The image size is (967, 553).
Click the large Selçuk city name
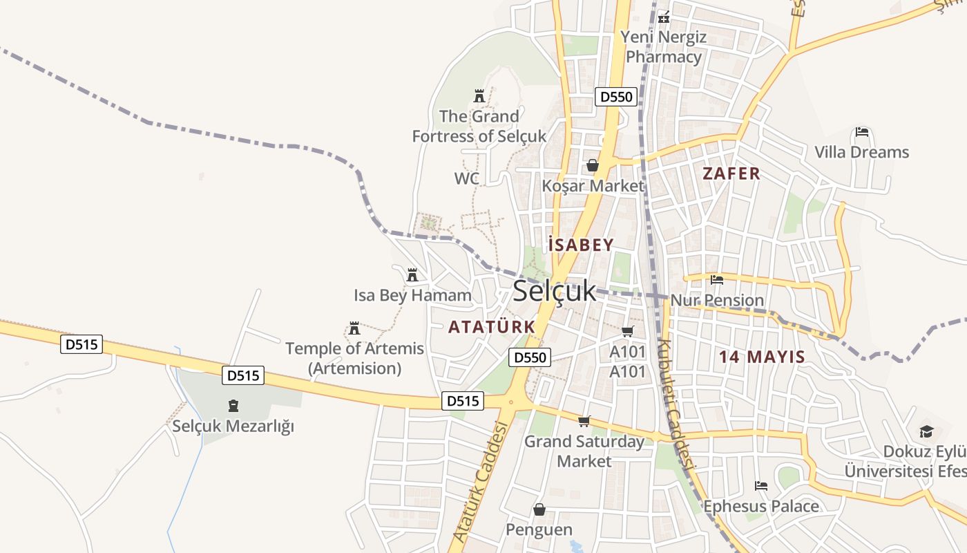(x=554, y=291)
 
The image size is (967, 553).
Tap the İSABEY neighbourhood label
(x=580, y=245)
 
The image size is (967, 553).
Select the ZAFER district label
(x=731, y=174)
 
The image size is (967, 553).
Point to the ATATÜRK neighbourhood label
(x=491, y=326)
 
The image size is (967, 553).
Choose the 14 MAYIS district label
(x=762, y=357)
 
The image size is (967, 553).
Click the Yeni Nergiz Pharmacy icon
(x=664, y=17)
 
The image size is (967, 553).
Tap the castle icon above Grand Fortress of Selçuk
(x=479, y=96)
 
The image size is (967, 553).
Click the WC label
(x=466, y=179)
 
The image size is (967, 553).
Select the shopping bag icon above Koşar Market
(x=592, y=165)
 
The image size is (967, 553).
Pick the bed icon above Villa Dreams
(x=861, y=132)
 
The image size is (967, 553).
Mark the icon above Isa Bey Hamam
(x=412, y=275)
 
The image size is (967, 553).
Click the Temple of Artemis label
(x=354, y=358)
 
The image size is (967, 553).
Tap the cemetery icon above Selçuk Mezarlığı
(x=233, y=406)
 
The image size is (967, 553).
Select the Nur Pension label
(x=717, y=300)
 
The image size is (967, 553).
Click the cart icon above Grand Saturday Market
(x=584, y=421)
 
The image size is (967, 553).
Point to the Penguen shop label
(x=539, y=529)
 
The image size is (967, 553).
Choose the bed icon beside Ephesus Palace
(x=761, y=486)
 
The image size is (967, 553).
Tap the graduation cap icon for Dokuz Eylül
(x=926, y=432)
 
